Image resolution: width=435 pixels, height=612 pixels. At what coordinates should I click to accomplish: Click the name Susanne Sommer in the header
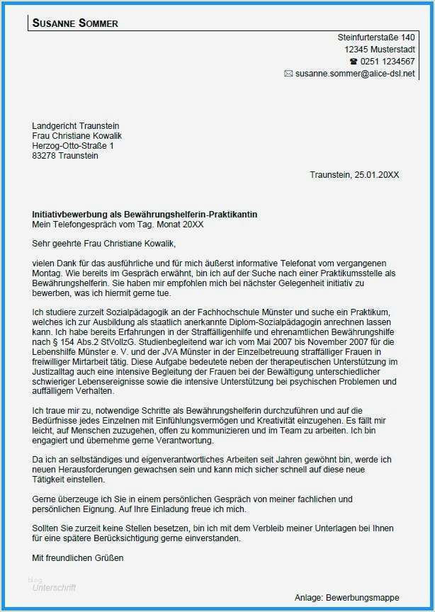coord(75,23)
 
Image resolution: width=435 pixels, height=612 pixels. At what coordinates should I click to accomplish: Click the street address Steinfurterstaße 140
coord(376,38)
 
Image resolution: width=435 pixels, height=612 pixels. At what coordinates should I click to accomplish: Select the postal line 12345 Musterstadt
coord(380,50)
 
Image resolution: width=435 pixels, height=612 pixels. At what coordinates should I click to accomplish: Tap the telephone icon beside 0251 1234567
coord(354,62)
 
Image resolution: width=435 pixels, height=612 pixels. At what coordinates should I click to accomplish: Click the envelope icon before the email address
coord(288,74)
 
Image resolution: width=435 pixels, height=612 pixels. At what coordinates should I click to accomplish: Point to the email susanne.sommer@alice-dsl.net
coord(355,74)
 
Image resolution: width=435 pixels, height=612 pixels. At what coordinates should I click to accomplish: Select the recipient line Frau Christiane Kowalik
coord(77,136)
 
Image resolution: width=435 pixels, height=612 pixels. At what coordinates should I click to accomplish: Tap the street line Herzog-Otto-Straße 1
coord(73,146)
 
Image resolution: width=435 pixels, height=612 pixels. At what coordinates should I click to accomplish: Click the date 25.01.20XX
coord(378,175)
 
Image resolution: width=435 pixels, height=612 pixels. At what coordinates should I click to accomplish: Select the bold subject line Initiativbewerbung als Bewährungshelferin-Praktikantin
coord(145,214)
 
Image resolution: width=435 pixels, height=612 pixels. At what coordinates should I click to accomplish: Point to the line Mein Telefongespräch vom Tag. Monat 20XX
coord(118,224)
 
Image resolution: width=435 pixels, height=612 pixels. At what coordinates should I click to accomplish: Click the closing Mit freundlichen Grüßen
coord(78,557)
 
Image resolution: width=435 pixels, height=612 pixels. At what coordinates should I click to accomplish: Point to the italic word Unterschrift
coord(55,587)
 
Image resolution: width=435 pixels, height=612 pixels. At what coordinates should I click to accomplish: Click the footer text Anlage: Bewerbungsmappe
coord(346,597)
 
